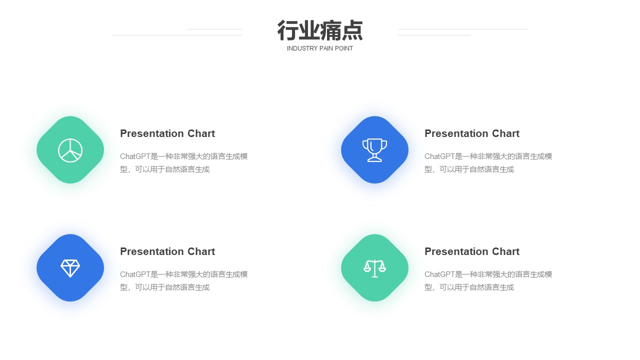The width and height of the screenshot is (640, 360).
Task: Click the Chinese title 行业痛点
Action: coord(320,30)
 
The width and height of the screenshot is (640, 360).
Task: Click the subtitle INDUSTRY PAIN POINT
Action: coord(319,48)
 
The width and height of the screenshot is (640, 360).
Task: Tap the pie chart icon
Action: coord(70,150)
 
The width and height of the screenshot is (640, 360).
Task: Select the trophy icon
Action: coord(374,150)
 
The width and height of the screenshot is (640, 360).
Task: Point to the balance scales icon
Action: coord(374,268)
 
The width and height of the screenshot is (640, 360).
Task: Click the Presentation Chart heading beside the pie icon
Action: coord(167,133)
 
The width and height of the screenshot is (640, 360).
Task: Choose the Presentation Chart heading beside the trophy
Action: coord(472,133)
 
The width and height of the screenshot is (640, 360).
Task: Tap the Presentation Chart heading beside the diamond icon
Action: coord(167,251)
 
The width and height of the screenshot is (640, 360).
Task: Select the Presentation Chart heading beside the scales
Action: coord(472,251)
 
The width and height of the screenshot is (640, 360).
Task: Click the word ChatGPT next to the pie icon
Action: coord(135,156)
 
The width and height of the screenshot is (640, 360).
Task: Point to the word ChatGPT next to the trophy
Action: coord(439,156)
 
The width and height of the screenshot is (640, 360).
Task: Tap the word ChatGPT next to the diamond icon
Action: coord(135,274)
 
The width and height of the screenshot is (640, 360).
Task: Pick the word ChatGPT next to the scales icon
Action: coord(439,274)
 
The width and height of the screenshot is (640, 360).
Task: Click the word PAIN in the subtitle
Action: coord(325,48)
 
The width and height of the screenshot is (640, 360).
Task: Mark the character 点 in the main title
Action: coord(352,30)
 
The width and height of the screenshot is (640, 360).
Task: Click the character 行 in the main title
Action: coord(287,30)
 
